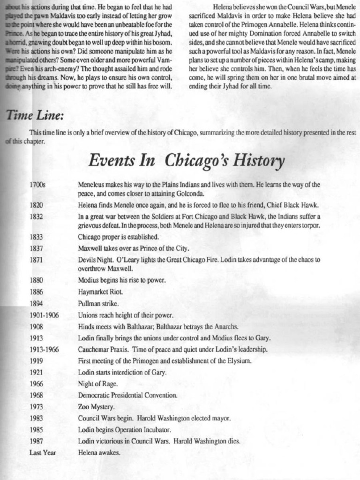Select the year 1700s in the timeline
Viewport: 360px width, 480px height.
[37, 185]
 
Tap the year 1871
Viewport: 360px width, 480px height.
[36, 259]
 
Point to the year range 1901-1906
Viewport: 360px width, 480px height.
[44, 315]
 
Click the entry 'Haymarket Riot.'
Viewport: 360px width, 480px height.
[97, 292]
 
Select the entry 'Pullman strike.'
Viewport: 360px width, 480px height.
[95, 303]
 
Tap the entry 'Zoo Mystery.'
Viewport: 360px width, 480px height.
[96, 406]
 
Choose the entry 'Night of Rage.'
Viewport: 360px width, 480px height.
[98, 383]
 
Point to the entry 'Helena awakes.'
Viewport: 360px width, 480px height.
[99, 452]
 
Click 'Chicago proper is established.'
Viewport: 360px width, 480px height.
[119, 236]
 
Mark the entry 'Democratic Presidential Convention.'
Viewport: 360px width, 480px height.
[127, 395]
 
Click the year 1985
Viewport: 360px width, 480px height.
[36, 429]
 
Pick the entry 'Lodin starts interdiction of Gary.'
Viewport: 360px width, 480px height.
[122, 372]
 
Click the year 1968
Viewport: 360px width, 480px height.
[36, 395]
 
